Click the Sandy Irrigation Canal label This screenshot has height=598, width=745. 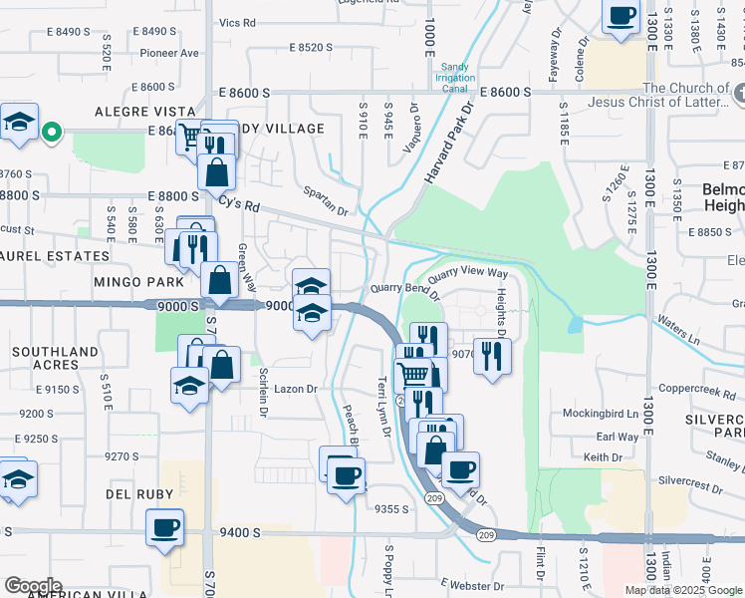pos(455,78)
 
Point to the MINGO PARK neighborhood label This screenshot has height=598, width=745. pos(133,282)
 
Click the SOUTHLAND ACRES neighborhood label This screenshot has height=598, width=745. pos(56,359)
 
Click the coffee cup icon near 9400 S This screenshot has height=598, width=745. pos(165,527)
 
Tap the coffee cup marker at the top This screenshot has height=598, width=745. pos(621,17)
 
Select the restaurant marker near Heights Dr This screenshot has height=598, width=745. pos(492,356)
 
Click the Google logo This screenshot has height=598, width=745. pos(33,586)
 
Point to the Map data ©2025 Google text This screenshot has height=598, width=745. pos(684,590)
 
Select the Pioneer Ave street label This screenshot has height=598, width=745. pos(170,54)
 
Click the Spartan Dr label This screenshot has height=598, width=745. pos(327,211)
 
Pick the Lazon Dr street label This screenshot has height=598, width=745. pos(296,390)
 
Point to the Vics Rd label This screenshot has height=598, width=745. pos(237,22)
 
